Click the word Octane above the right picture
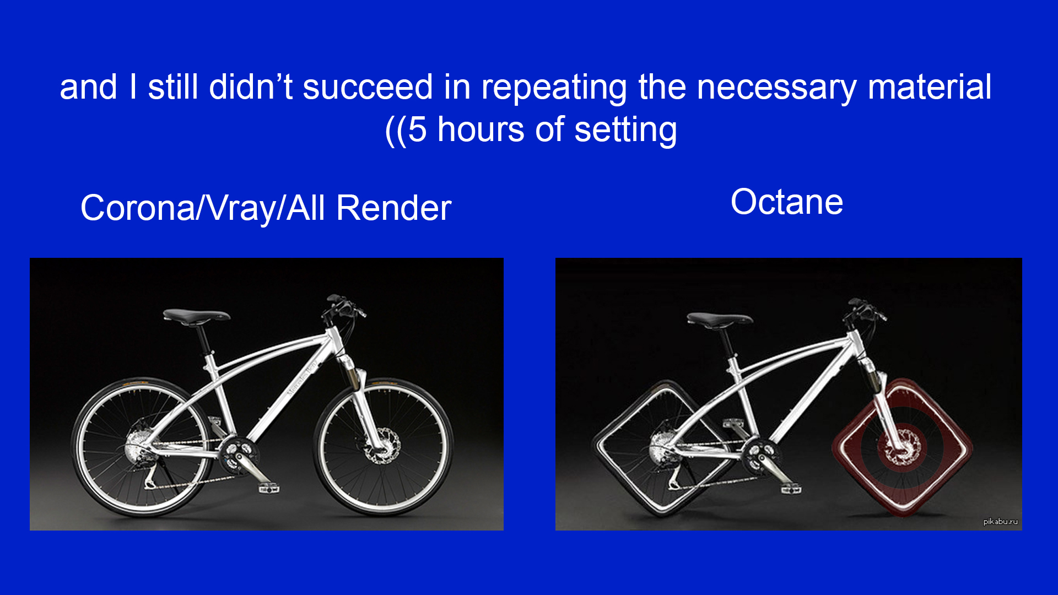pos(786,202)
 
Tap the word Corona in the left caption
pos(138,208)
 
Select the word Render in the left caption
pos(393,208)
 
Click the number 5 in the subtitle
pos(417,130)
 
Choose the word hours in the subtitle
pos(481,130)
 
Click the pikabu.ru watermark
pos(1000,521)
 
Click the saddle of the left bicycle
pos(196,316)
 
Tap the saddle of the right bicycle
pos(719,319)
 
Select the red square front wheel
pos(903,447)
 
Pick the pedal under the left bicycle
pos(268,488)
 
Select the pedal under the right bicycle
pos(791,488)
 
